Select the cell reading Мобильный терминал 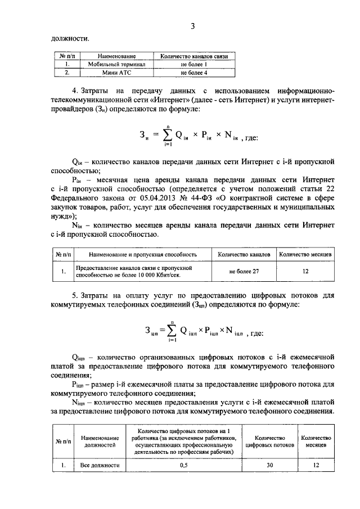pos(116,65)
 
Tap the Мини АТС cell pos(116,73)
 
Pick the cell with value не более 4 pos(194,73)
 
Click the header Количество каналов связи pos(194,57)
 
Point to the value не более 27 pos(241,271)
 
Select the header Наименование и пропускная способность pos(142,255)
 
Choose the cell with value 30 pos(270,465)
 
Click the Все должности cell pos(100,465)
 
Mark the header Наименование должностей pos(100,441)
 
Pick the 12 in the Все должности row pos(316,465)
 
